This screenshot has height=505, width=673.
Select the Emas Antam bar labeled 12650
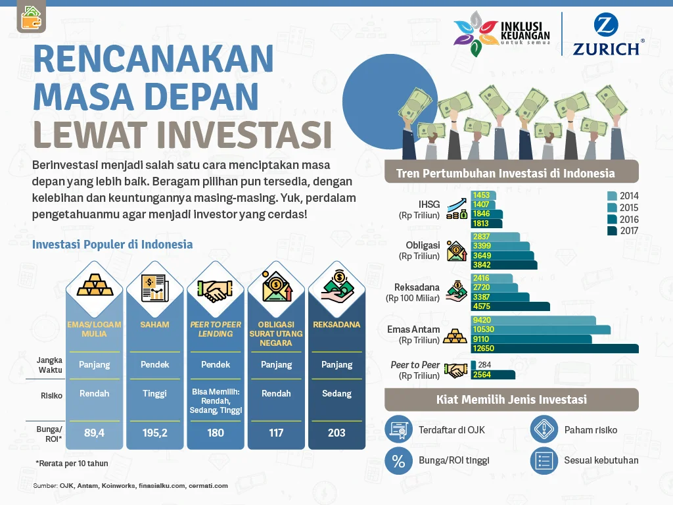555,349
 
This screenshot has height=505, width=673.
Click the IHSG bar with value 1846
487,214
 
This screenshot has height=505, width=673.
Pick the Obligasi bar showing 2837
496,237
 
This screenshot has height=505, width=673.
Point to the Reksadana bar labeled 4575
510,306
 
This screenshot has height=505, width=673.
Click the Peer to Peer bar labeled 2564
493,375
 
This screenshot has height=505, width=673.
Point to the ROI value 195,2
155,433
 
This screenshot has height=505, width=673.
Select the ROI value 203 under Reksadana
336,433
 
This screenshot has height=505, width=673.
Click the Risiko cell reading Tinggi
155,394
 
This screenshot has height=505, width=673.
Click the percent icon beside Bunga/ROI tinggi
398,460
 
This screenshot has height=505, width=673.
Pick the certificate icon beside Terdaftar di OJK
398,429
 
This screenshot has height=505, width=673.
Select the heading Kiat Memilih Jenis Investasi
511,399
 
